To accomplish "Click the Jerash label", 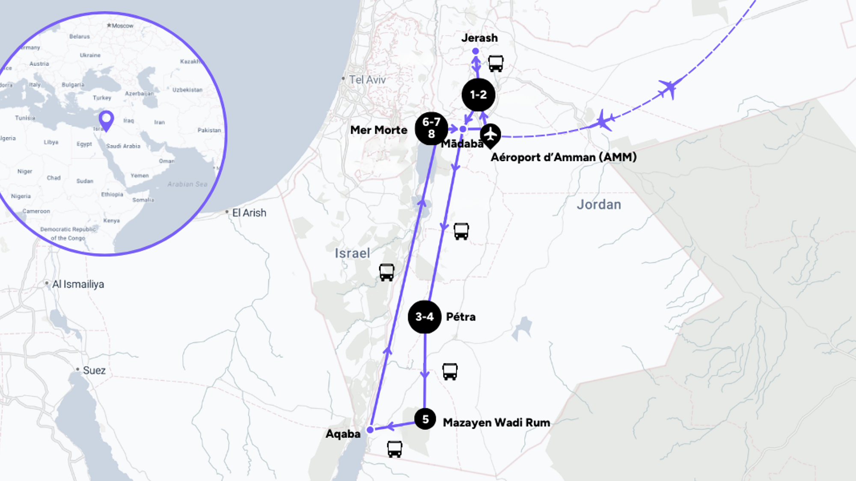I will coord(479,38).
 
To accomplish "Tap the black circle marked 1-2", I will coord(479,95).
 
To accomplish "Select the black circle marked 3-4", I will coord(425,317).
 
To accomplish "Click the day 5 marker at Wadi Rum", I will coord(425,419).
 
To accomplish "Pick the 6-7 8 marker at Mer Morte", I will coord(431,128).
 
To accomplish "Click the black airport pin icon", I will coord(490,135).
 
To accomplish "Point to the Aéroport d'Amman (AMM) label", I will coord(563,157).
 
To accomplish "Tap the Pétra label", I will coord(461,317).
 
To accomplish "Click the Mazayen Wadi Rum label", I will coord(496,422).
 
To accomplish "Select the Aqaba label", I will coord(343,434).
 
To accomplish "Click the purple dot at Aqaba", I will coord(370,430).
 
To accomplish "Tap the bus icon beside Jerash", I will coord(496,64).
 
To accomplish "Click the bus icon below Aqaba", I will coord(395,449).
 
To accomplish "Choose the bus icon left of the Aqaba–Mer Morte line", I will coord(386,272).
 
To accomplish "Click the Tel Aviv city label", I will coord(367,80).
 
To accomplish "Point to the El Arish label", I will coord(249,213).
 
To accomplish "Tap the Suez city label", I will coord(94,370).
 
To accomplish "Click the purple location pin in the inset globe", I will coord(106,120).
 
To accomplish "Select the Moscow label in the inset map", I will coord(122,26).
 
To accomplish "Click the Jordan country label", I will coord(599,205).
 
